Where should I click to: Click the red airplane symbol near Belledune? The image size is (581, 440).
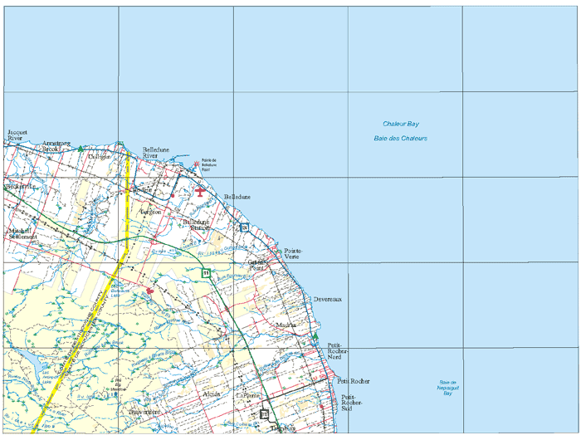coord(201,191)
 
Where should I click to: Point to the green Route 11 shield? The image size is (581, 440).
coord(204,272)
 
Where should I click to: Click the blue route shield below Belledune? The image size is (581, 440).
coord(243,227)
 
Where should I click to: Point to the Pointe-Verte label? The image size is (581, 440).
coord(293,253)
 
